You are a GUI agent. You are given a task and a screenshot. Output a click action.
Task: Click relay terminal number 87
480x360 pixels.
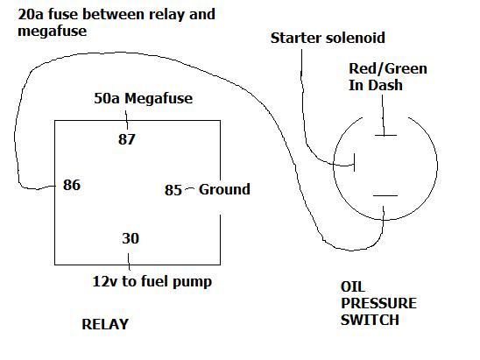pos(127,139)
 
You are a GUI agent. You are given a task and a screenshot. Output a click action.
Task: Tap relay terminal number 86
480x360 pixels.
pos(72,185)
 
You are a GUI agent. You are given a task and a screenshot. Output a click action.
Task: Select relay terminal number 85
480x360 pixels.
pos(173,190)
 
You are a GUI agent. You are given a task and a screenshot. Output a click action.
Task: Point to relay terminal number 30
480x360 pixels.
pos(131,238)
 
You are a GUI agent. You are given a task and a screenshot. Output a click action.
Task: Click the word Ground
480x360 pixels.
pos(224,189)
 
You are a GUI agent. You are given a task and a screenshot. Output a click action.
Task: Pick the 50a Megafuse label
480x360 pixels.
pos(144,99)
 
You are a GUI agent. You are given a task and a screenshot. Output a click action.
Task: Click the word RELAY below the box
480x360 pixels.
pos(105,324)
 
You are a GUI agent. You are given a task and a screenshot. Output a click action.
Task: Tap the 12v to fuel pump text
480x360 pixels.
pos(152,282)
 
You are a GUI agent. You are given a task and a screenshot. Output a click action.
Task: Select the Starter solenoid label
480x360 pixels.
pos(328,38)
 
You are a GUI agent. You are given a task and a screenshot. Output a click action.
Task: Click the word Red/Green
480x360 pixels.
pos(388,68)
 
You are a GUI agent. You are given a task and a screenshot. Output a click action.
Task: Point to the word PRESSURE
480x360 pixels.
pos(378,303)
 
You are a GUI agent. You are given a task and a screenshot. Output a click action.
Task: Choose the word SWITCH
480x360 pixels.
pos(370,320)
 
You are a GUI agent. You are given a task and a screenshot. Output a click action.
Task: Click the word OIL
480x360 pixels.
pos(353,286)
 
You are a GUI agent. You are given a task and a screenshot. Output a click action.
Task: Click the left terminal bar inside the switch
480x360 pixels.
pos(354,162)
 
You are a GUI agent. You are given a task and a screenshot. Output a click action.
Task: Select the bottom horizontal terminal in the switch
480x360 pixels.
pos(385,195)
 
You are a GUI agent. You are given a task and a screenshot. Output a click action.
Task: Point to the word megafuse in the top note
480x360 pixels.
pos(52,32)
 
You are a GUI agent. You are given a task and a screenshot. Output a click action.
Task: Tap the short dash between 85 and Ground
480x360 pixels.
pos(189,187)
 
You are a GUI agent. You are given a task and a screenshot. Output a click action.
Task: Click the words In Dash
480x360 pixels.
pos(376,85)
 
